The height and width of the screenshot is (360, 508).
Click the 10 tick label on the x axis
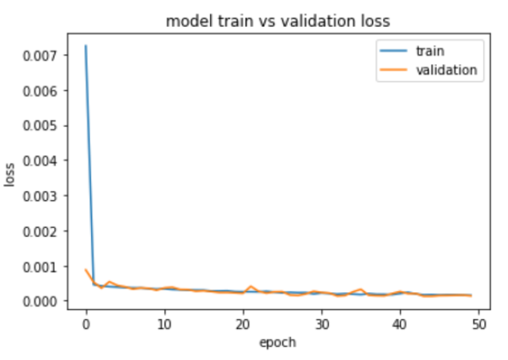coord(164,323)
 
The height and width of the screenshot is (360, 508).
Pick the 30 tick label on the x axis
coord(322,323)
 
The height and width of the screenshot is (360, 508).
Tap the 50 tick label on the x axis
coord(479,323)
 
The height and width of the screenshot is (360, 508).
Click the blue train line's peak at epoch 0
coord(86,46)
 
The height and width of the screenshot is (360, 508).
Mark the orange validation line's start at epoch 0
coord(86,269)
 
